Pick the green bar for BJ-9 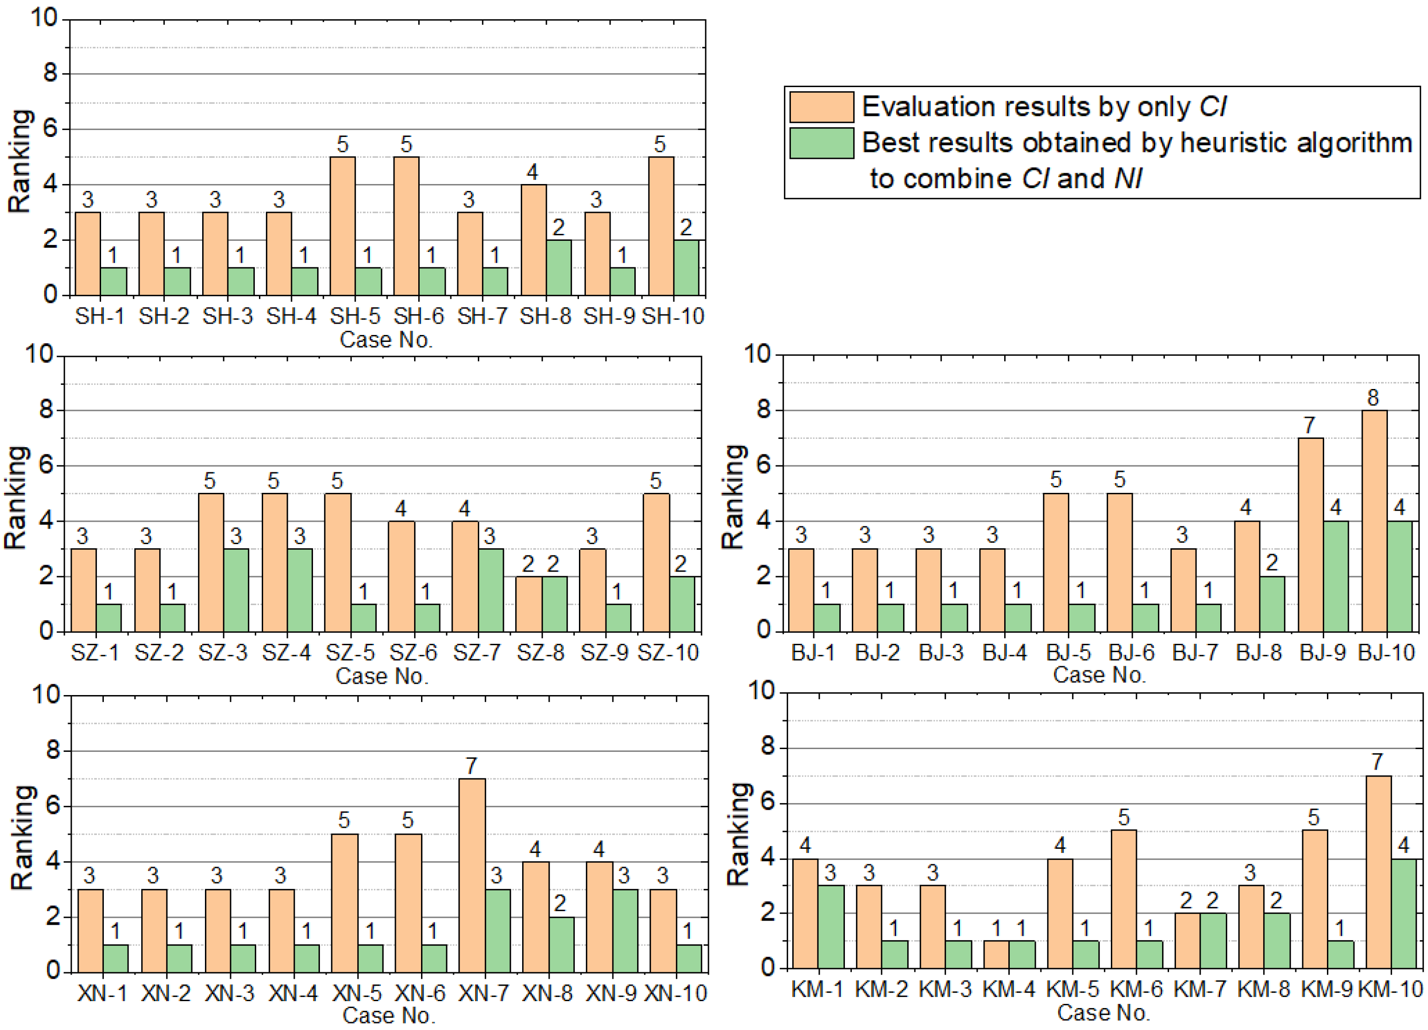(1335, 576)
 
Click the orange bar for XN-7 (472, 875)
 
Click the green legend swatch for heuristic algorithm (821, 143)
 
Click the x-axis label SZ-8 (540, 652)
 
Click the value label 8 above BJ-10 (1373, 398)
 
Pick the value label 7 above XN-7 (472, 765)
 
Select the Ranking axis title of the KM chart (738, 835)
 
